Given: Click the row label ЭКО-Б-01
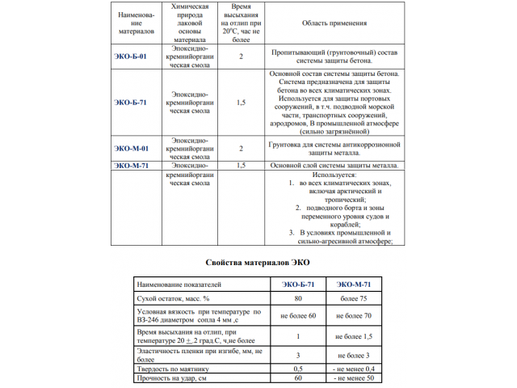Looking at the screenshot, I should tap(130, 57).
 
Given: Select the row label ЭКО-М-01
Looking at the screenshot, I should tap(130, 150).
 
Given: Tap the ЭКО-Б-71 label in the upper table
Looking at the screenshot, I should tap(130, 103).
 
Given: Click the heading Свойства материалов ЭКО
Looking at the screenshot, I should tap(258, 263).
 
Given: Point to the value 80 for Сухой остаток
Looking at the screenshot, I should tap(298, 299).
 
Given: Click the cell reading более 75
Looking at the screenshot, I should tap(352, 299).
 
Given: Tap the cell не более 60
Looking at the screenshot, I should tap(298, 315).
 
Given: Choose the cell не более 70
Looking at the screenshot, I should tap(352, 315).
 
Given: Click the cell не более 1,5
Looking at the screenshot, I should tap(352, 336).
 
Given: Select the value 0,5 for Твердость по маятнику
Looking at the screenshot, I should tap(298, 369).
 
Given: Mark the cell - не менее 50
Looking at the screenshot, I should tap(352, 378).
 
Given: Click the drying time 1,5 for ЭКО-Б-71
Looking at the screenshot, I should tap(241, 103).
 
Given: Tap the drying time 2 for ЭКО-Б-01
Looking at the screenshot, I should tap(241, 57).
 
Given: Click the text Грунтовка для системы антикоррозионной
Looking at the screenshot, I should tap(335, 145).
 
